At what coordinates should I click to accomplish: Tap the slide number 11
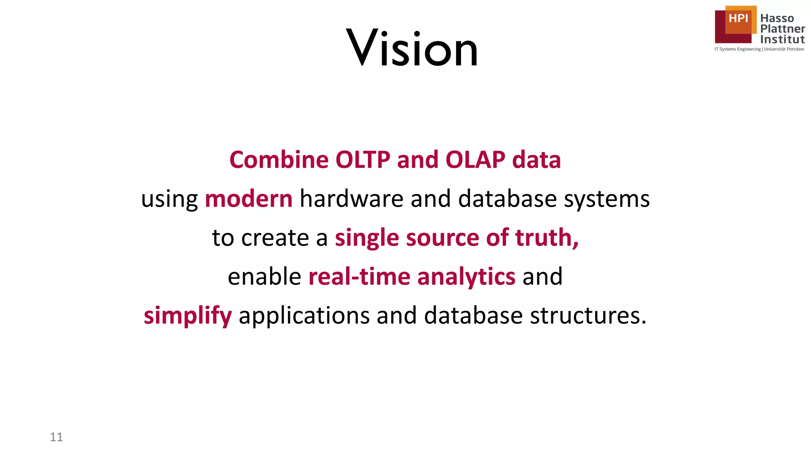tap(56, 437)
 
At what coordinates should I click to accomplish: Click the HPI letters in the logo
tap(738, 18)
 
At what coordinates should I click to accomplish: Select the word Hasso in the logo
tap(777, 18)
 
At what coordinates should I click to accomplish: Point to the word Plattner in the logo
tap(782, 29)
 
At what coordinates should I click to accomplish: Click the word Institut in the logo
tap(782, 40)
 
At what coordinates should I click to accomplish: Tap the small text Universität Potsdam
tap(784, 49)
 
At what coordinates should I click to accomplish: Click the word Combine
tap(279, 160)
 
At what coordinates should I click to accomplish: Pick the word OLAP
tap(475, 160)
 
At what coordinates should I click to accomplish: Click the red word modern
tap(249, 199)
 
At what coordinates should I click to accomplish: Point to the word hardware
tap(351, 199)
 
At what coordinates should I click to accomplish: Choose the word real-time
tap(359, 276)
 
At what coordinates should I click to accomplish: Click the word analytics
tap(466, 277)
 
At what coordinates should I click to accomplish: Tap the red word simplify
tap(187, 316)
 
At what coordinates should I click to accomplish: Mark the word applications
tap(304, 316)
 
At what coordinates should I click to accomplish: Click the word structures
tap(588, 316)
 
